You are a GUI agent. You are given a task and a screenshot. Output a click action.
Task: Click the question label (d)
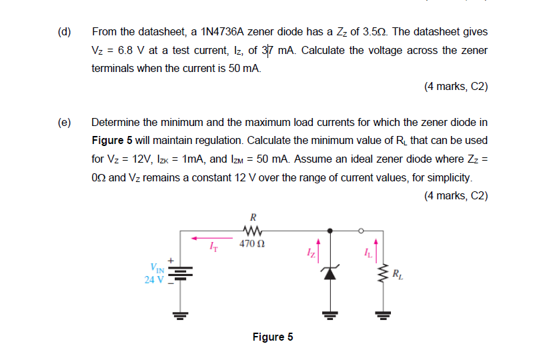coord(65,32)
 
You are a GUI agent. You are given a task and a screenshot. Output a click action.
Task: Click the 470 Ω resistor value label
coord(253,244)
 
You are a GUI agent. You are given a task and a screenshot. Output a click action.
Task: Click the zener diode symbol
coord(329,272)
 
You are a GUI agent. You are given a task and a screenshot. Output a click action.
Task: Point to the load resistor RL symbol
coord(384,273)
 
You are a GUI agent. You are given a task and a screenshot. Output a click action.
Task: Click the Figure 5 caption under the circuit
coord(272,337)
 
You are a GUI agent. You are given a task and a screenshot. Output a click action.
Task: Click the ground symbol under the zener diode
coord(329,314)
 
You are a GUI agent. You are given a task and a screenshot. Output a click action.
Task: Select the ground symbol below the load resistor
coord(384,314)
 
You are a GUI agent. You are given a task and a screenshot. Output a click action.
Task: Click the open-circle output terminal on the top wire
coord(361,231)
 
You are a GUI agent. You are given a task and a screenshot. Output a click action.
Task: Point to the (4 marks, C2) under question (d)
coord(456,87)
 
